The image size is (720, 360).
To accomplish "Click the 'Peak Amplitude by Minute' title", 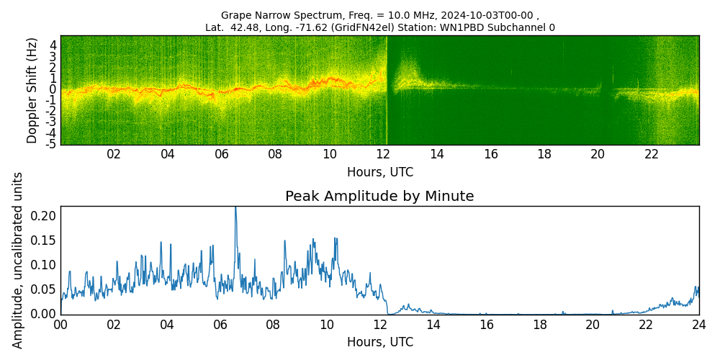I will [379, 197].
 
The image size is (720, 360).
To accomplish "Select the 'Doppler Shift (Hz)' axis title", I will [32, 90].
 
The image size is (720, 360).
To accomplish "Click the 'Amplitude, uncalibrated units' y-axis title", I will [18, 260].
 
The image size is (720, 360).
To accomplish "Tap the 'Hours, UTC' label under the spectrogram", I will [379, 172].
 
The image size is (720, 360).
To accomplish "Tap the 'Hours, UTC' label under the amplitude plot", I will [379, 342].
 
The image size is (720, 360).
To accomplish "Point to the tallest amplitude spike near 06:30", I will [235, 209].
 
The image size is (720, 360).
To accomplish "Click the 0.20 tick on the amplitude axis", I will [44, 216].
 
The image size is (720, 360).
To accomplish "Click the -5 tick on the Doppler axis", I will [52, 144].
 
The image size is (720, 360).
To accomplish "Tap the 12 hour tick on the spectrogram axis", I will [383, 154].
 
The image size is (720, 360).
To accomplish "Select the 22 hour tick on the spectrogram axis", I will [652, 154].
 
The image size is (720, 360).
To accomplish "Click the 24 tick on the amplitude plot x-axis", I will [698, 324].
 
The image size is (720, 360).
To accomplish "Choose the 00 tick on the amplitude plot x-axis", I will [60, 324].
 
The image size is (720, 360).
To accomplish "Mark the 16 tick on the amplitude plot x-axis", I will [486, 324].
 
